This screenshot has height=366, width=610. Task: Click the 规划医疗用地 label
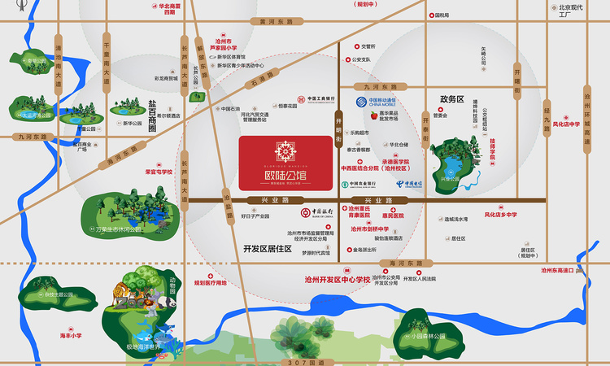tap(211, 282)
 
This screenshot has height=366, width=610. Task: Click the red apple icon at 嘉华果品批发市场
tap(374, 115)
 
